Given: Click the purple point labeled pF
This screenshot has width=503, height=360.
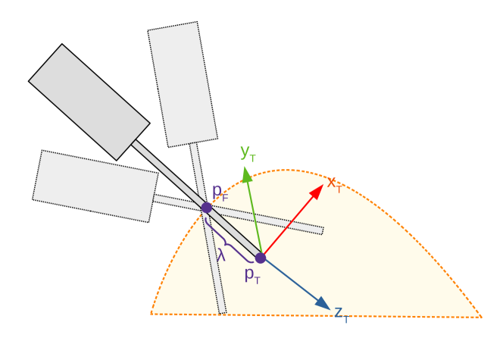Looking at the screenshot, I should pos(206,208).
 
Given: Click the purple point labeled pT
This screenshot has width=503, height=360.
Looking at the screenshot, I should pos(260,258).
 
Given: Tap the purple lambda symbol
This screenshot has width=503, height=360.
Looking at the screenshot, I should pos(220,255).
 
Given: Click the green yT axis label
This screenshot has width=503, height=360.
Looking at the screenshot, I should pos(247,152).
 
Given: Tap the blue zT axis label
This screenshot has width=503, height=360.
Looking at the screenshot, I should pos(342,314).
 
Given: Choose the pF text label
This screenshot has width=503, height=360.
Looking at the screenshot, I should pos(220,192).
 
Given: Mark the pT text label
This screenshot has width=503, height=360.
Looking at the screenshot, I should pos(252,275).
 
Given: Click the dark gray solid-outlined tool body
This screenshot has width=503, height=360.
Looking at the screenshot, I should pos(89,102).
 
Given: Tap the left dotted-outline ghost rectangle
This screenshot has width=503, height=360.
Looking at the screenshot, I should pos(95,186).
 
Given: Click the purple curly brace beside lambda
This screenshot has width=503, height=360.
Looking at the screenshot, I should pos(231,241).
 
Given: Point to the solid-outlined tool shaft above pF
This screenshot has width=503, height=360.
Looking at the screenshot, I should pos(168,174).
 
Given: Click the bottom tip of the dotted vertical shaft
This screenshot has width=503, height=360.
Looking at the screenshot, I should pos(222,311).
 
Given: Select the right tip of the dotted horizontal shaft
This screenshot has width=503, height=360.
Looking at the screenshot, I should pos(322,230).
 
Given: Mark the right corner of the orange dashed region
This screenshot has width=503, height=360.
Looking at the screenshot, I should pos(480,316).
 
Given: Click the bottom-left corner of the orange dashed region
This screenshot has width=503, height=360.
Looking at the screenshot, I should pos(152,313).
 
